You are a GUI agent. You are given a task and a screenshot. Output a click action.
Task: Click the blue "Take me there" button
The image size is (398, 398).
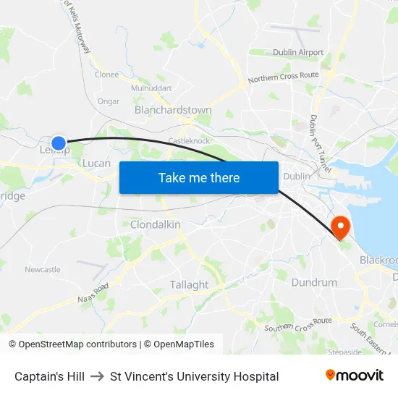(199, 177)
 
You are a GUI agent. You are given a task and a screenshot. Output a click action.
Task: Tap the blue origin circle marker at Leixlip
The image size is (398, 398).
(59, 143)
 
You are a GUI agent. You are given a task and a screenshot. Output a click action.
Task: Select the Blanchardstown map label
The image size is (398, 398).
(173, 110)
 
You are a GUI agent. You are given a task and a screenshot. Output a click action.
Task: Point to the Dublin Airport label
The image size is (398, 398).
(298, 53)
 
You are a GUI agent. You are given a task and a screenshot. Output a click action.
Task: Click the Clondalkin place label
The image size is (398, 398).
(155, 225)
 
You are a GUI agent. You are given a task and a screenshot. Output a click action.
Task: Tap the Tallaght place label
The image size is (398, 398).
(189, 285)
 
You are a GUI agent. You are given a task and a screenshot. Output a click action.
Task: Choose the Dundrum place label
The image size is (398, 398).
(314, 282)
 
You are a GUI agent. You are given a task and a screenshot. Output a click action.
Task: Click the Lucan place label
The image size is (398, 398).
(96, 164)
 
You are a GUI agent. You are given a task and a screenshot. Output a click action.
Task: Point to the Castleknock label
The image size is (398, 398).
(188, 140)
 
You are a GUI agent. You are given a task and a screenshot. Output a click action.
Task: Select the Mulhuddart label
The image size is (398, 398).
(151, 88)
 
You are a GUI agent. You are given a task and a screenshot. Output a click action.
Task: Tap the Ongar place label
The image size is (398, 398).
(108, 101)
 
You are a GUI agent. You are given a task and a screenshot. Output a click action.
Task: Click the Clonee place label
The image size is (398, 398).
(107, 74)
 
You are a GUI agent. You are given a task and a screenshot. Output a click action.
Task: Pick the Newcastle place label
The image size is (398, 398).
(43, 270)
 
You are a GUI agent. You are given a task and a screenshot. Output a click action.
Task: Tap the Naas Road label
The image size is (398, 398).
(92, 294)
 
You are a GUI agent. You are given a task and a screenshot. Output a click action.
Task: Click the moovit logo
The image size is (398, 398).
(355, 376)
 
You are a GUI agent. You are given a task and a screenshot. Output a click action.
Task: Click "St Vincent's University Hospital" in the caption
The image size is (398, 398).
(194, 376)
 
